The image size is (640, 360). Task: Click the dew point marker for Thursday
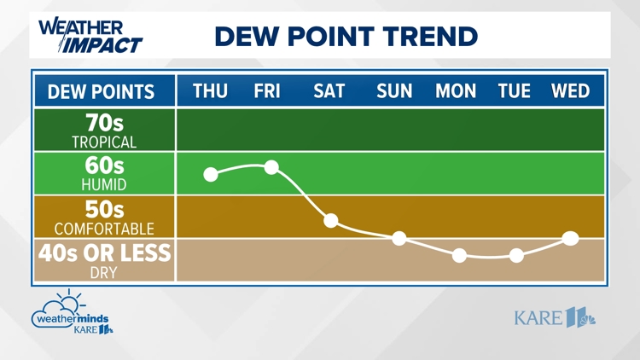point(211,174)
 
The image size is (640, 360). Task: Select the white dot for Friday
point(271,167)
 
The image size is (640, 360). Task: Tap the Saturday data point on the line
point(331,220)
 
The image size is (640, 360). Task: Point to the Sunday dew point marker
point(399,238)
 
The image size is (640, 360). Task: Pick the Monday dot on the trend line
point(460,256)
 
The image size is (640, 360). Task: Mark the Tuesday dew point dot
point(516,256)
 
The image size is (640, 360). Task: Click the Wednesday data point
point(571,238)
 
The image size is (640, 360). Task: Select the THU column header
point(210,91)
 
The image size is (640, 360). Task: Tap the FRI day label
point(267,91)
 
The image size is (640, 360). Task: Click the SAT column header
point(329,91)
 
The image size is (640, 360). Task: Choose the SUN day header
point(394,91)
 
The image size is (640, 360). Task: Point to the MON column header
point(456,91)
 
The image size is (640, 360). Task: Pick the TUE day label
point(515,91)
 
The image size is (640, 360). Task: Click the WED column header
point(570,91)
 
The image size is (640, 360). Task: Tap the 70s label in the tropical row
point(104,122)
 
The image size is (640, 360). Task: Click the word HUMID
point(104,185)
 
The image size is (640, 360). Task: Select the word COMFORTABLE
point(104,229)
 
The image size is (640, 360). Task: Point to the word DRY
point(103,273)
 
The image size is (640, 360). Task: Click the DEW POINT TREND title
point(346,36)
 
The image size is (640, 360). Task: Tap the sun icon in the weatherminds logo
point(70,301)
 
